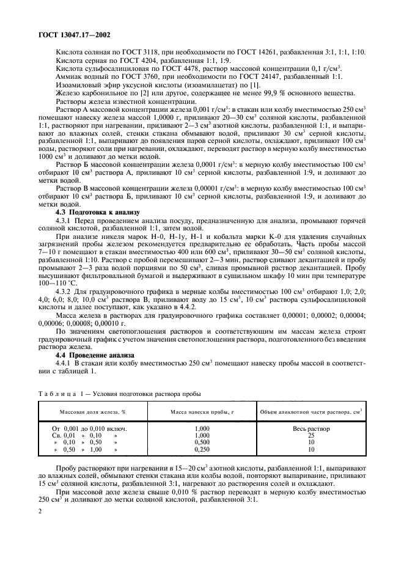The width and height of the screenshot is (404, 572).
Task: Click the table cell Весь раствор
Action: pyautogui.click(x=310, y=429)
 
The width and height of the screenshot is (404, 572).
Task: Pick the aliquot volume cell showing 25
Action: pyautogui.click(x=310, y=436)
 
